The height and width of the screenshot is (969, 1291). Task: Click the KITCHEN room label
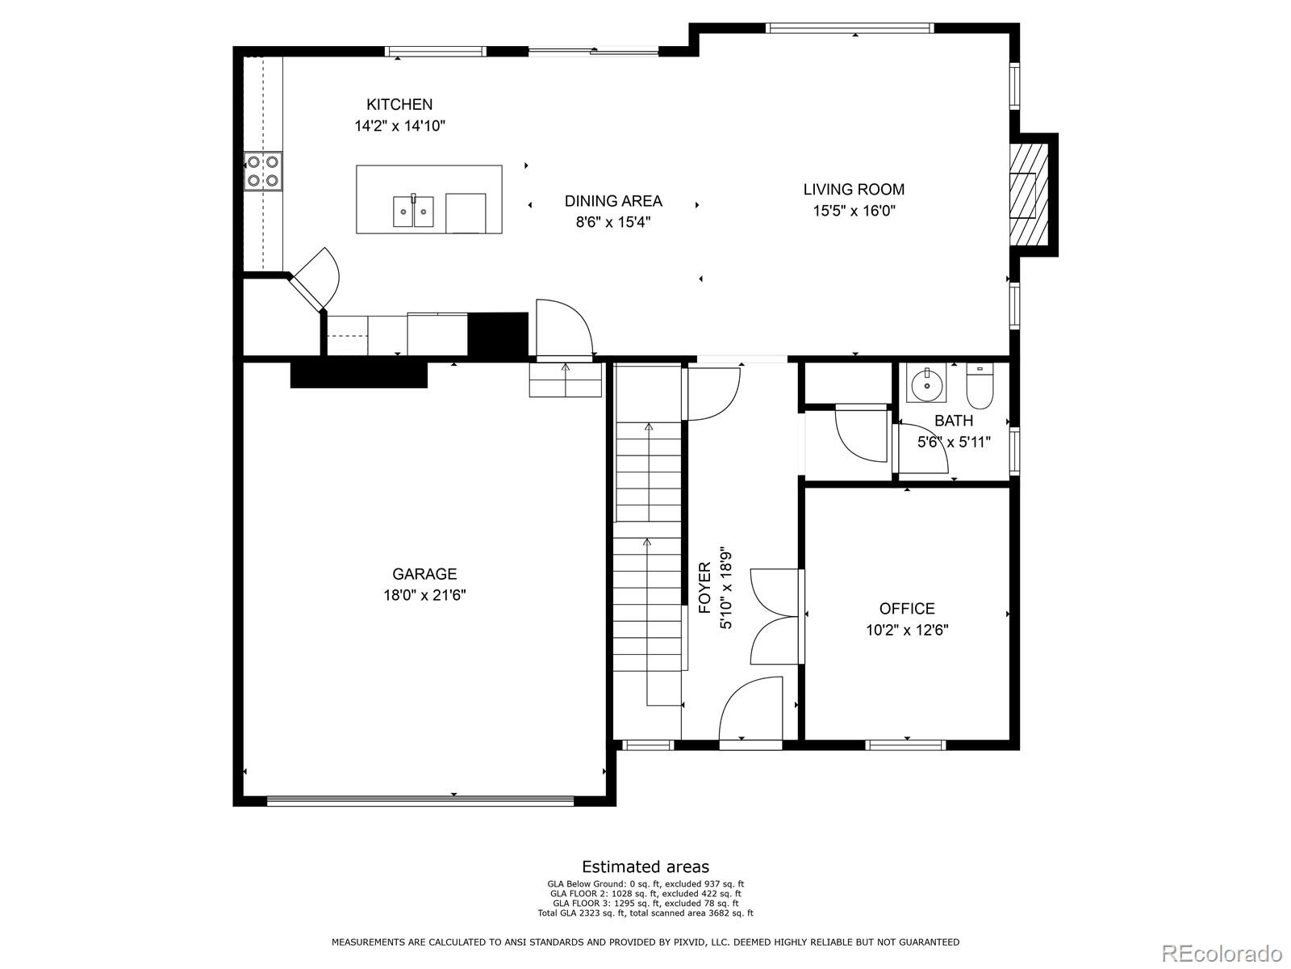(x=399, y=104)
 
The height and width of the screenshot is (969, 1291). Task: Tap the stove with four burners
(x=263, y=171)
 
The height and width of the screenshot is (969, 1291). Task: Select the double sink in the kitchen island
(x=414, y=211)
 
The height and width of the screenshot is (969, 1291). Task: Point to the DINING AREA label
(x=613, y=201)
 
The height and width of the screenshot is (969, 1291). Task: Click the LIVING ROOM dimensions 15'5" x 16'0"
(x=854, y=211)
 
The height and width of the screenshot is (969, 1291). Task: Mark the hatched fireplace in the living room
(x=1030, y=194)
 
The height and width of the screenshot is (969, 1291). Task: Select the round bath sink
(x=926, y=384)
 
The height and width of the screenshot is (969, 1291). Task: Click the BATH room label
(x=954, y=421)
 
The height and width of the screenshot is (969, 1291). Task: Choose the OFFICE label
(x=907, y=609)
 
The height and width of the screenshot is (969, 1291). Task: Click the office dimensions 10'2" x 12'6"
(x=907, y=631)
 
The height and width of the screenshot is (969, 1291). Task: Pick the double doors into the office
(x=775, y=617)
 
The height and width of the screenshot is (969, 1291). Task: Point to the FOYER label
(x=704, y=583)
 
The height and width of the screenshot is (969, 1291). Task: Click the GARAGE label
(x=424, y=574)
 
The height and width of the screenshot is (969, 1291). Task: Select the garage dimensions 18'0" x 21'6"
(x=424, y=596)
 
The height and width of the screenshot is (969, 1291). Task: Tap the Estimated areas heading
(x=645, y=867)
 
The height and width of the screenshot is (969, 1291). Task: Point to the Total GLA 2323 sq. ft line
(x=645, y=913)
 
